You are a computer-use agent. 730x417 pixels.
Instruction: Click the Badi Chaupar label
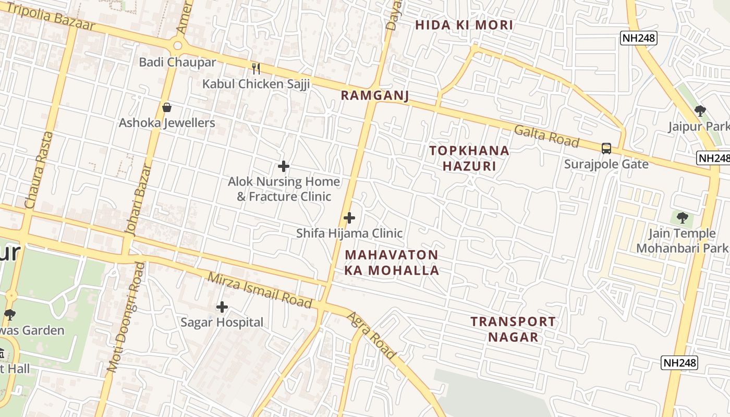point(177,62)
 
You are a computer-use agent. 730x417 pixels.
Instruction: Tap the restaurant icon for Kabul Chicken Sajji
point(256,68)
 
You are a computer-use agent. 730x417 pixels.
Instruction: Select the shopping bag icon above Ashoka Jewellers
point(167,108)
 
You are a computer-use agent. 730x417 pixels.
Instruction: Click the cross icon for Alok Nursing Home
point(284,166)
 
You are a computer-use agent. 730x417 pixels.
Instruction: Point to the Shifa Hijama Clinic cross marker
point(349,218)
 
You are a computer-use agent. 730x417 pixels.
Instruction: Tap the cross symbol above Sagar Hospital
point(222,307)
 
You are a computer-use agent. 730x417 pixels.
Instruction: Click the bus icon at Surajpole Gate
point(606,149)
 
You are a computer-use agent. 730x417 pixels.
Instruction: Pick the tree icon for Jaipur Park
point(700,111)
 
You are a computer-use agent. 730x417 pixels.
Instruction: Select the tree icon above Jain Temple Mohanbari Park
point(682,218)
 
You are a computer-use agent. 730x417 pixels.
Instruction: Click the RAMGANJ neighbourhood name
point(374,95)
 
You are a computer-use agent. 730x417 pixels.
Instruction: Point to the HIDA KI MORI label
point(464,25)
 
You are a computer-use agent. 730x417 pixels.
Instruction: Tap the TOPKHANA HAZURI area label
point(469,158)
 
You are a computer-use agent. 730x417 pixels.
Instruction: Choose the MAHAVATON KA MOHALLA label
point(392,263)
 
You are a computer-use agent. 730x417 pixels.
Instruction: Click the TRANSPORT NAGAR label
point(513,329)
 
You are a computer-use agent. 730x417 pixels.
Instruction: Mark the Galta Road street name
point(546,137)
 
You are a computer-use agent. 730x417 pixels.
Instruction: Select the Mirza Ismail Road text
point(260,290)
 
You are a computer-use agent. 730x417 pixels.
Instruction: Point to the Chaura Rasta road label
point(39,170)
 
